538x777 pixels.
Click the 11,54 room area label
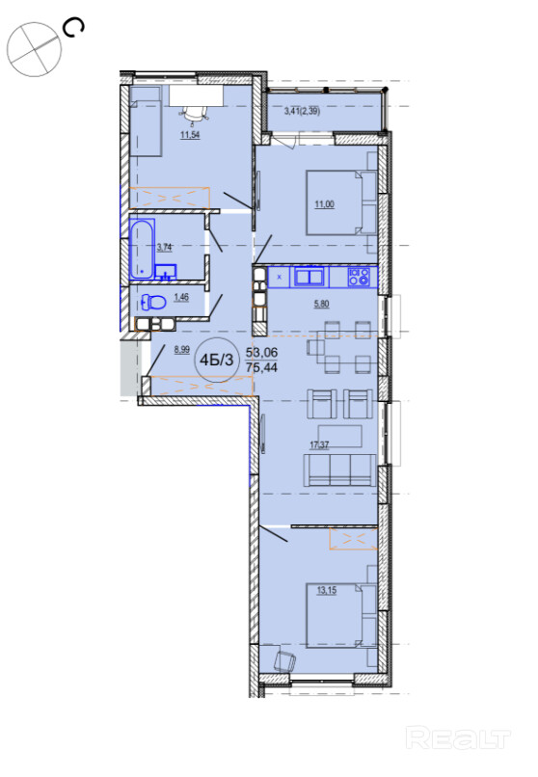point(190,134)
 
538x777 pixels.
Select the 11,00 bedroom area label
point(325,203)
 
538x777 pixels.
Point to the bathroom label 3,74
point(165,248)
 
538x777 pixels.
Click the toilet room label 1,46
point(181,297)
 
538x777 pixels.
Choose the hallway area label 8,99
point(182,350)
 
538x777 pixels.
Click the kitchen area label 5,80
point(321,304)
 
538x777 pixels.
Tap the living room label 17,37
point(319,445)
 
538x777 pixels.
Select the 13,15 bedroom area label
point(327,590)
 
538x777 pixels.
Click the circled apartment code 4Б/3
point(216,360)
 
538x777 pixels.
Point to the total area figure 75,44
point(262,367)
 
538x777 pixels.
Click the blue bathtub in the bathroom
point(143,249)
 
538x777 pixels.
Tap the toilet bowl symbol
point(153,303)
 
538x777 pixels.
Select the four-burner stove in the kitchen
point(359,277)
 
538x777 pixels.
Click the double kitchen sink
point(309,276)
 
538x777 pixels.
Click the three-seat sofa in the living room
point(340,469)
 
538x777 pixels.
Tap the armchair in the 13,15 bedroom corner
point(284,660)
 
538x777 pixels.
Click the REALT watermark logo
point(458,738)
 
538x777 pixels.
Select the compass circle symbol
point(34,49)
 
